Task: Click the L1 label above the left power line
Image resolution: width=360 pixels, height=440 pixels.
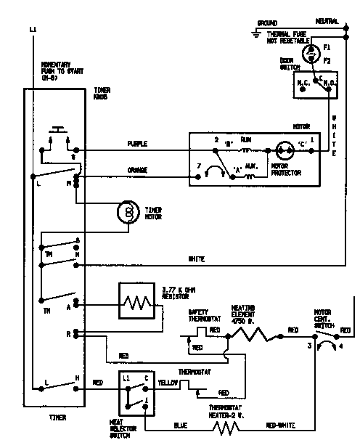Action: coord(33,29)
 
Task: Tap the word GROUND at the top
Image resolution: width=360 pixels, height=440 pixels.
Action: coord(268,23)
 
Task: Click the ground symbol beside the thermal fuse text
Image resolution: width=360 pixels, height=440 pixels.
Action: coord(256,34)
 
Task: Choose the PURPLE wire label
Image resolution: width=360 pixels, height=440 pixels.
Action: coord(136,144)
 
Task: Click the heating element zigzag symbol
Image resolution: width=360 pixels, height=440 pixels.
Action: coord(251,335)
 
